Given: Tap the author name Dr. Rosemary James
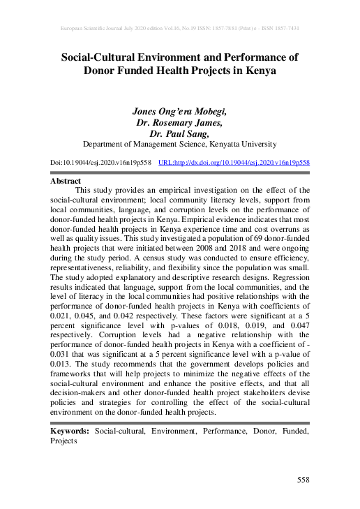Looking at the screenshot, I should [180, 122].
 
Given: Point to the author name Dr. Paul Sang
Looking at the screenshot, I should [180, 133].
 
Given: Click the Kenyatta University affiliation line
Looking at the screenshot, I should [180, 145].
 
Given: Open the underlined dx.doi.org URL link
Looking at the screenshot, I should [234, 162].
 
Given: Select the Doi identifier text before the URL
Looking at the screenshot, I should [101, 162].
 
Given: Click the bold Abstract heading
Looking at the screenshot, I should [67, 180].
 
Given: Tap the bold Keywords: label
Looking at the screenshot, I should [70, 432].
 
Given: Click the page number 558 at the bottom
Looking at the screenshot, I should [303, 480].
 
